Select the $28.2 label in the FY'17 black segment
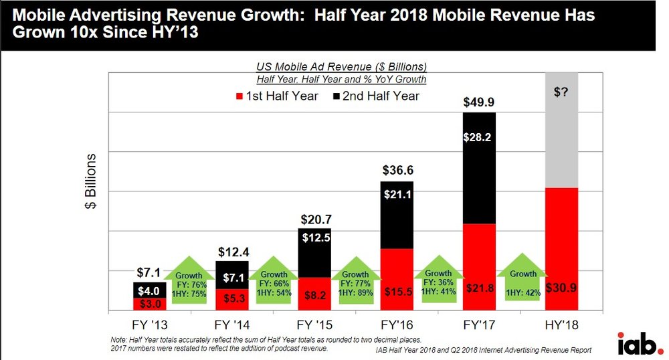tap(480, 137)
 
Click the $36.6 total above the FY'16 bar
tap(397, 171)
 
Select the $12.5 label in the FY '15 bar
tap(314, 238)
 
